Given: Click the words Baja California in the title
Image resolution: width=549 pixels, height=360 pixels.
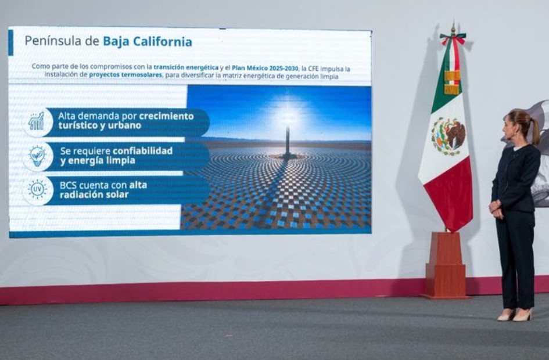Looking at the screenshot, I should coord(147,42).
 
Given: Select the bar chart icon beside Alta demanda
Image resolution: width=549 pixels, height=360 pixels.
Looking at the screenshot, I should coord(37,121).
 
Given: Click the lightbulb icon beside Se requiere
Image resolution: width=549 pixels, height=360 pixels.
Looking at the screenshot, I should coord(37,156).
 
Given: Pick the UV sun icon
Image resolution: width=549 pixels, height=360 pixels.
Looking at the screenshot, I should coord(37,190).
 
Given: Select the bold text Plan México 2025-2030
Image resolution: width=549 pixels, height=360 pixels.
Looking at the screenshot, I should coord(265,67).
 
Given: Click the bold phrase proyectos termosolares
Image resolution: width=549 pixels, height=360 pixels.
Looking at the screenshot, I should coord(125,75).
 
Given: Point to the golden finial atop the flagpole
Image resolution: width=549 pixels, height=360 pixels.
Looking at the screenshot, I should coord(453,28).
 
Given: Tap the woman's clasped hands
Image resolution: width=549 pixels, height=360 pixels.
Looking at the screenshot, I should coord(494,207).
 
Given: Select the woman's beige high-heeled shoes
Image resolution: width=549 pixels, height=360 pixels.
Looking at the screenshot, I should coord(514,315).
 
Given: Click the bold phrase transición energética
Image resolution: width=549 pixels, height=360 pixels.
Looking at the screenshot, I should coord(186,67).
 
